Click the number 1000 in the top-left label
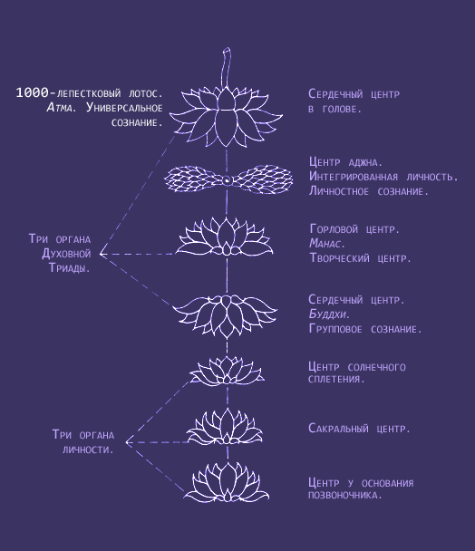pyautogui.click(x=32, y=92)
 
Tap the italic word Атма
pyautogui.click(x=60, y=108)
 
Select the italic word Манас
pyautogui.click(x=325, y=243)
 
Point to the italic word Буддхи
pyautogui.click(x=327, y=314)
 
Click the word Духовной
pyautogui.click(x=66, y=254)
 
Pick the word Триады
pyautogui.click(x=69, y=267)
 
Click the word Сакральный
pyautogui.click(x=338, y=429)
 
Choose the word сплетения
pyautogui.click(x=334, y=379)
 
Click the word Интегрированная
pyautogui.click(x=354, y=177)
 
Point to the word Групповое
pyautogui.click(x=335, y=329)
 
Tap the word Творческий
pyautogui.click(x=340, y=258)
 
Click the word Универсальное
pyautogui.click(x=124, y=108)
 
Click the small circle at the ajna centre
pyautogui.click(x=227, y=180)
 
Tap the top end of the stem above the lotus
pyautogui.click(x=227, y=49)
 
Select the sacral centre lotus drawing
pyautogui.click(x=225, y=428)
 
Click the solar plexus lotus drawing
pyautogui.click(x=227, y=371)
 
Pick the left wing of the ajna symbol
pyautogui.click(x=194, y=179)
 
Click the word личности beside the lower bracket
pyautogui.click(x=88, y=449)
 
